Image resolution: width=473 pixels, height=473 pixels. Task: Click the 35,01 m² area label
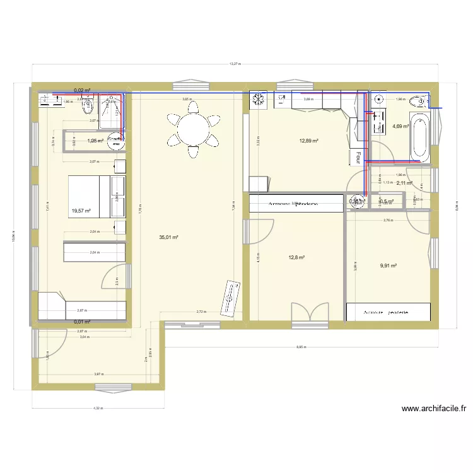tap(168, 237)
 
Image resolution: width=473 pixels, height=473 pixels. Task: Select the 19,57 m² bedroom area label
tap(81, 212)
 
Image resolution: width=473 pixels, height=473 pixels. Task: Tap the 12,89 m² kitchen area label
tap(309, 141)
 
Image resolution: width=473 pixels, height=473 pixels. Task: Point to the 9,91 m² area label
tap(388, 266)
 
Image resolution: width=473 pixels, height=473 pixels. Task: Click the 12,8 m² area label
tap(296, 257)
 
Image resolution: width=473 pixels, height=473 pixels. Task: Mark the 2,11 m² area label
tap(404, 184)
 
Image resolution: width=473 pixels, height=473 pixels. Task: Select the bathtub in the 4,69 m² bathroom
tap(420, 136)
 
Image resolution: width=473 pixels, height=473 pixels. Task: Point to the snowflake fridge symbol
tap(258, 99)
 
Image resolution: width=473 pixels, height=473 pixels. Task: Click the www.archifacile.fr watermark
tap(434, 409)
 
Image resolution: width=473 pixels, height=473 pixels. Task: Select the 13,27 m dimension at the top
tap(235, 64)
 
